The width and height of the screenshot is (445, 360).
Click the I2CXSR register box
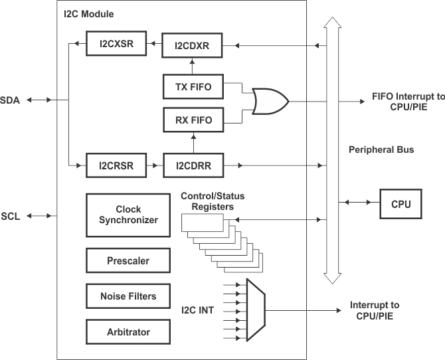coord(116,45)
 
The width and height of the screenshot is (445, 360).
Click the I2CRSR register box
coord(116,166)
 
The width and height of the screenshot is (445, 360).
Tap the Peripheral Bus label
coord(381,150)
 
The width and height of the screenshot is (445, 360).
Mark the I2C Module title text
coord(89,13)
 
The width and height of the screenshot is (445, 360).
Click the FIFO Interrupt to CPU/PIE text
coord(405,102)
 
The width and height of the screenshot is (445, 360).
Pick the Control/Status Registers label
coord(208,201)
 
